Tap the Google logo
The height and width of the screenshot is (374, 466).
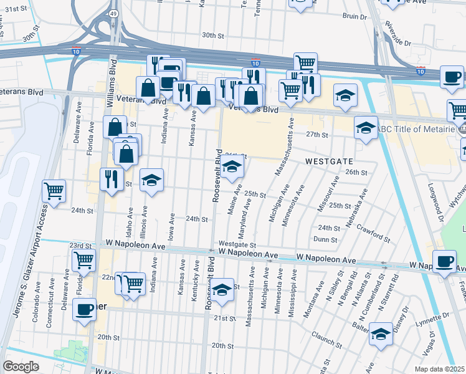pos(21,366)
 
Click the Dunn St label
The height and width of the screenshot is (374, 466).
pos(325,239)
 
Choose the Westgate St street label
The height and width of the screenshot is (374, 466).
pos(237,244)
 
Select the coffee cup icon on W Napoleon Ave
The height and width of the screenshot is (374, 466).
pos(445,262)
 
